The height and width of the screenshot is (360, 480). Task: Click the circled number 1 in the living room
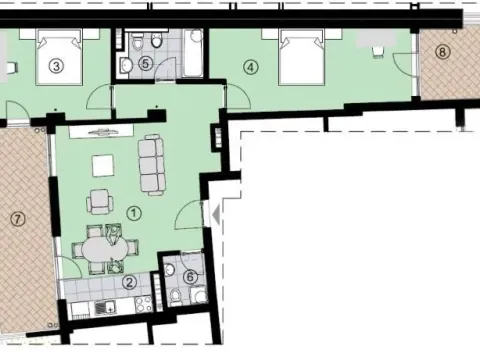coord(134,212)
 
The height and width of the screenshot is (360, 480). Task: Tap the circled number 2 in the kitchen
coord(128,282)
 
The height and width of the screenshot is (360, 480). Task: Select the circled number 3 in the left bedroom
coord(57,67)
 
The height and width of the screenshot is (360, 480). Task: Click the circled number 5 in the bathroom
coord(146,63)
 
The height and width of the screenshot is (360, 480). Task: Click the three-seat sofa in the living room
coord(152,165)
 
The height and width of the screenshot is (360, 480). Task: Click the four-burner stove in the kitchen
coord(141,305)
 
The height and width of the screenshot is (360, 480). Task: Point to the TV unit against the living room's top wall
coord(101,131)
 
